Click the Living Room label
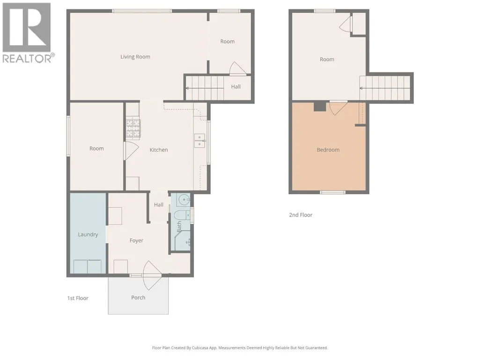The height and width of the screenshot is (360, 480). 135,57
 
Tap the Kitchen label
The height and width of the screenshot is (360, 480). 159,150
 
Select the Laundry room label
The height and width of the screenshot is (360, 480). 88,235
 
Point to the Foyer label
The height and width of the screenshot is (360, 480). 136,241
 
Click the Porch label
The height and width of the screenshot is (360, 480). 138,298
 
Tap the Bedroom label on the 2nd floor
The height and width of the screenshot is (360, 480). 328,150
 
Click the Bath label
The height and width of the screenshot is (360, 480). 179,227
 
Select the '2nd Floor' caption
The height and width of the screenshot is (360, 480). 301,215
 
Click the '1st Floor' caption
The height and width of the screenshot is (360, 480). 78,298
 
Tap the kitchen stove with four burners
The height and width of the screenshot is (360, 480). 133,128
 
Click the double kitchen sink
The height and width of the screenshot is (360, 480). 199,141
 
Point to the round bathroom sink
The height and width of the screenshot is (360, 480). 184,200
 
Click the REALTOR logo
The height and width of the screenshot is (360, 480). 27,33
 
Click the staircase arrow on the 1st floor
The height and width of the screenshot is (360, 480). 205,88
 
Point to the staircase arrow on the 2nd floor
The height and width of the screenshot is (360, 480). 384,88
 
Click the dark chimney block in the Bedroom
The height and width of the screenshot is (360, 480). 320,106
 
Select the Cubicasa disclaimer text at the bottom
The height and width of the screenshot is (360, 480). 240,348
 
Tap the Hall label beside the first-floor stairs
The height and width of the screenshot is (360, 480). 236,87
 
